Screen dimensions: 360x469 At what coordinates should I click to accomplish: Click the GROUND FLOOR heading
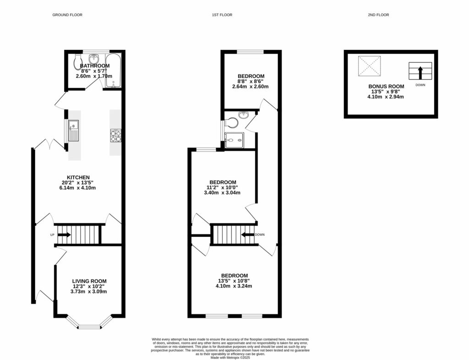(67, 15)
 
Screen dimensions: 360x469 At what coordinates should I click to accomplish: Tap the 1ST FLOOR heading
(222, 15)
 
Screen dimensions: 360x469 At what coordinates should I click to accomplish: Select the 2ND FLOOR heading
(378, 15)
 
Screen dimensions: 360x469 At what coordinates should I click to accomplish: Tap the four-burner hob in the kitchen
(115, 135)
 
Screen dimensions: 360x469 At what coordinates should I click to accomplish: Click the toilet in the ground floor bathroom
(77, 61)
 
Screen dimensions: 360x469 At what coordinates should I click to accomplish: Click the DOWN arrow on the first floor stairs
(248, 235)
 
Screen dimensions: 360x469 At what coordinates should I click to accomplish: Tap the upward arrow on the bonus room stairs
(420, 72)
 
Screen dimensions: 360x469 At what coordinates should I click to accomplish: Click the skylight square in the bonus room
(370, 66)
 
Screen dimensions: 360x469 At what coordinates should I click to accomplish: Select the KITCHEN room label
(78, 177)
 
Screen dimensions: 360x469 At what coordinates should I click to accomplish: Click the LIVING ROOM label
(89, 281)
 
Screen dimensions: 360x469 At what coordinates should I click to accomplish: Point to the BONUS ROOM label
(387, 86)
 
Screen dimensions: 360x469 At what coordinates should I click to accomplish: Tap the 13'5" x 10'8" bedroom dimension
(234, 281)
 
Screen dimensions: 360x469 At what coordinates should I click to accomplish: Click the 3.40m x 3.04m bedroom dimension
(222, 193)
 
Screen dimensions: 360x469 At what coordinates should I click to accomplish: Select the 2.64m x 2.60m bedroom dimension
(250, 87)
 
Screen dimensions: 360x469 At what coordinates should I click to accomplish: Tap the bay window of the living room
(90, 326)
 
